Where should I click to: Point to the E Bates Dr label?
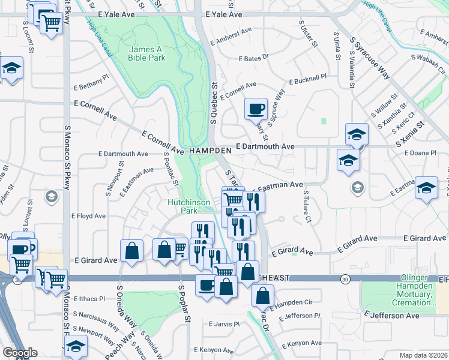click(255, 59)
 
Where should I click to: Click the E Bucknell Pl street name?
click(307, 79)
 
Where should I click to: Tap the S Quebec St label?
click(213, 108)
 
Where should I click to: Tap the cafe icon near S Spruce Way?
click(256, 109)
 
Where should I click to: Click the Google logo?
click(20, 353)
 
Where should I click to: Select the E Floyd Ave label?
click(88, 216)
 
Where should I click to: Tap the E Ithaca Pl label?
click(89, 298)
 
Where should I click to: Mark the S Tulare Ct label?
click(307, 207)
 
